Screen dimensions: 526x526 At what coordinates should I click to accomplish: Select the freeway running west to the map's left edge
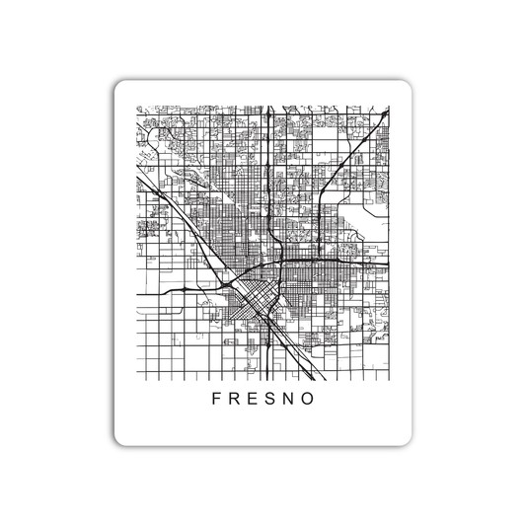(158, 293)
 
